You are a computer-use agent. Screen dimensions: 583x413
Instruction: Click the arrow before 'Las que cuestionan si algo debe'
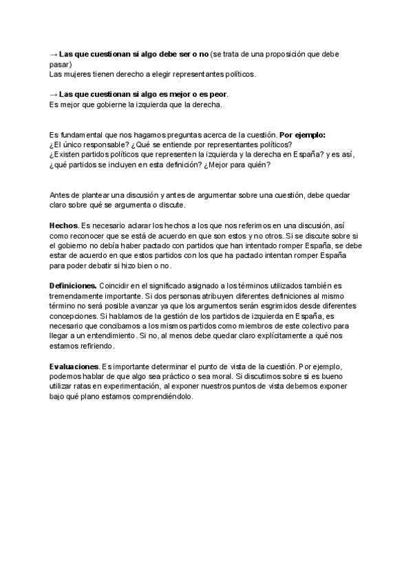click(54, 54)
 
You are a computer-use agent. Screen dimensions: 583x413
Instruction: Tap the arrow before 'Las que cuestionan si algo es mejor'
click(54, 94)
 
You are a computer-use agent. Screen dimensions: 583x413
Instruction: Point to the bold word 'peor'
click(219, 94)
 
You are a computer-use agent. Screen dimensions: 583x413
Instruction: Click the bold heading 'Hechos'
click(63, 225)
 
